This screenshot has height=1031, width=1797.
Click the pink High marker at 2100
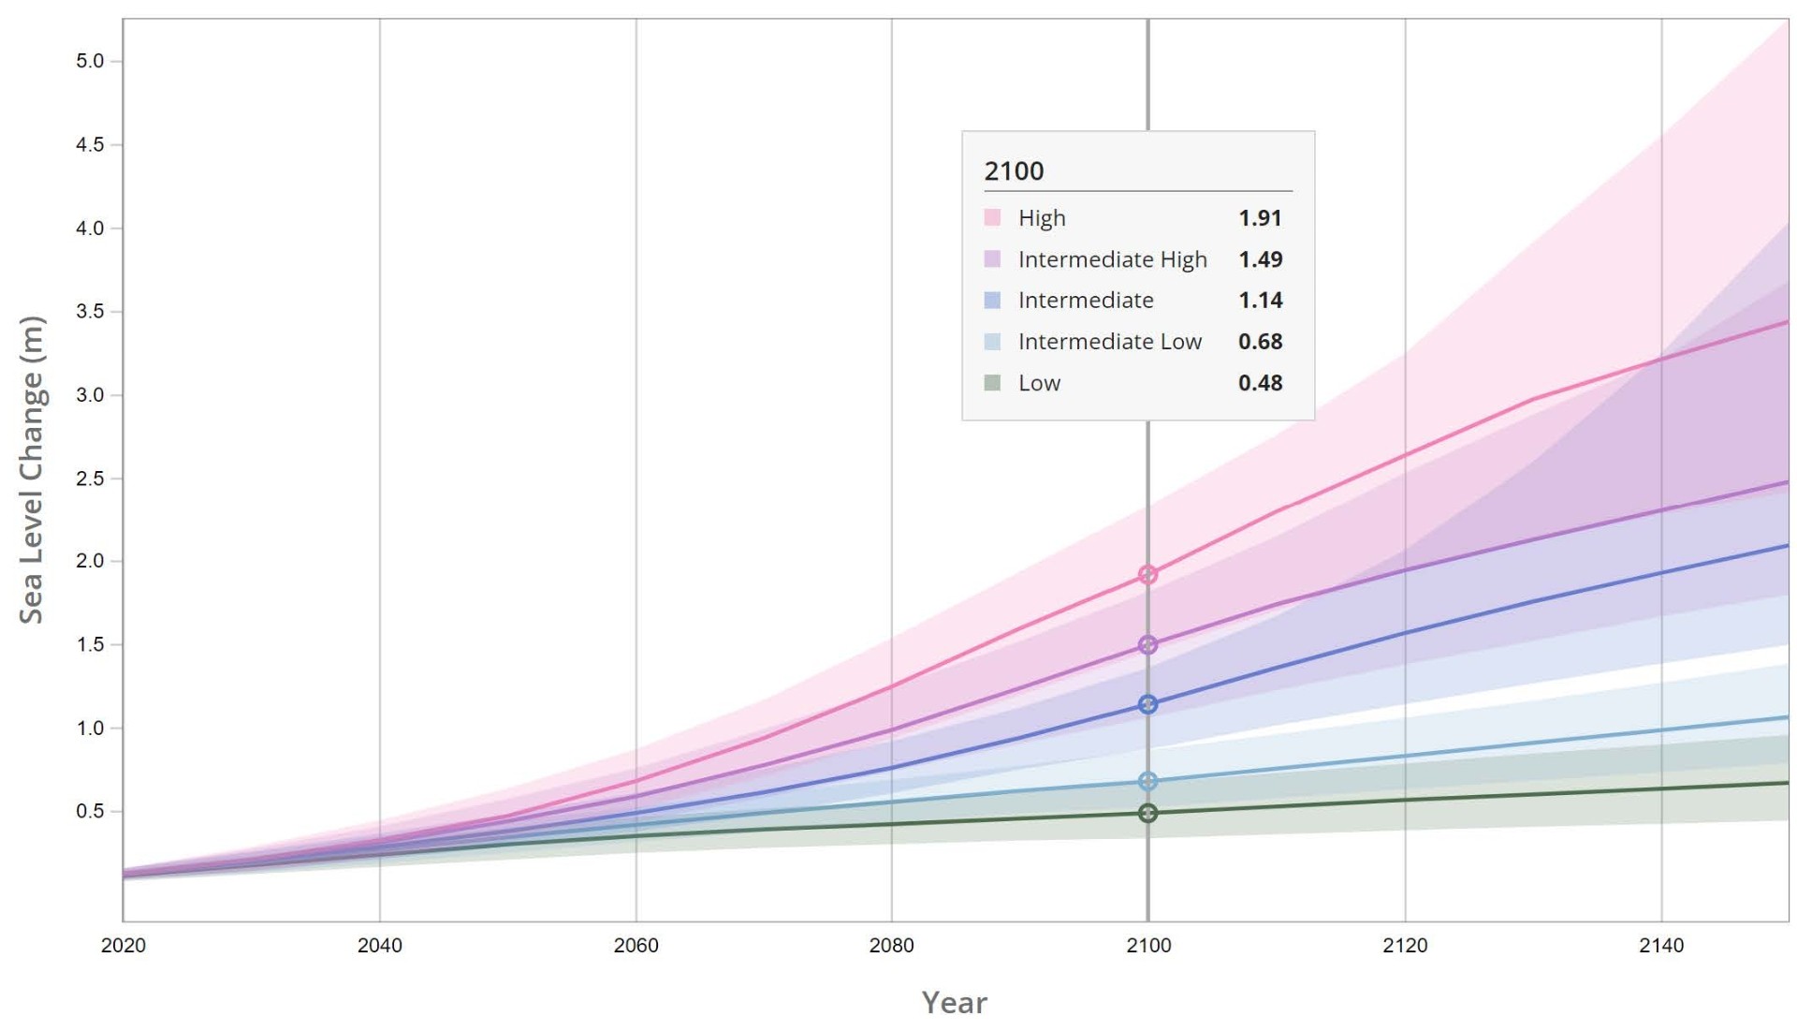[1147, 574]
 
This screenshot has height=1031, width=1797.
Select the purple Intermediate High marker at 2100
[1147, 645]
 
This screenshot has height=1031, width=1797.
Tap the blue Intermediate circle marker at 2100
[1147, 704]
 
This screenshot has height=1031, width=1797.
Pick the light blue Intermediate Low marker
[1147, 781]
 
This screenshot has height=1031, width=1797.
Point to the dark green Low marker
[1147, 813]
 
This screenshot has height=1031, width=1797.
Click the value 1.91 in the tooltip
[1260, 218]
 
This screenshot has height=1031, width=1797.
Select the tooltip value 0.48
[1260, 383]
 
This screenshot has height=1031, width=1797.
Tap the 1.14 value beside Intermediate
[1260, 301]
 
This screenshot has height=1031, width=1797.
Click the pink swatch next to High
[992, 218]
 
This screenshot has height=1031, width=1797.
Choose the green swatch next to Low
[992, 383]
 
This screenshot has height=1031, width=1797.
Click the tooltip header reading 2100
[1014, 171]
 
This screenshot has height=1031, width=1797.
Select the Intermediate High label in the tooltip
[1112, 259]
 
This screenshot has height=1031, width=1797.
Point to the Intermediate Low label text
[1109, 342]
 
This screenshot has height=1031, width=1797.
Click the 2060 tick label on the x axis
[636, 946]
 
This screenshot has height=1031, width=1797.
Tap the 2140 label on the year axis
[1660, 946]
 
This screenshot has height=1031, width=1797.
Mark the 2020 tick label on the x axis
[124, 946]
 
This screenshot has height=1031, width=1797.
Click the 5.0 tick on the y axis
[90, 62]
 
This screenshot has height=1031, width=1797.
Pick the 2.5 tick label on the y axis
[90, 479]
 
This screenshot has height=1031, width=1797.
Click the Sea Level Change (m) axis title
[32, 470]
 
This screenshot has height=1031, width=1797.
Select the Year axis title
[954, 1003]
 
